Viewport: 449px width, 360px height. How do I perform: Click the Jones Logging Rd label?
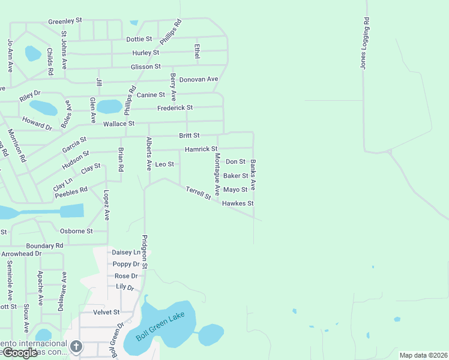coord(364,43)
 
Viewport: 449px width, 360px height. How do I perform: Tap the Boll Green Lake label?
coord(165,327)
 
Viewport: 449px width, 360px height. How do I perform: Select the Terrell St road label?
coord(198,193)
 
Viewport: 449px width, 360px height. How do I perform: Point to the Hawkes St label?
coord(238,203)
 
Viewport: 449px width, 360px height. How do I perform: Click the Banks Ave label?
coord(253,175)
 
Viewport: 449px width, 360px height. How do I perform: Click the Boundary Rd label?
coord(44,245)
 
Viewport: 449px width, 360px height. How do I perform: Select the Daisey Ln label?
coord(125,253)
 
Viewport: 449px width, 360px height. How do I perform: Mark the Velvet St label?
coord(107,312)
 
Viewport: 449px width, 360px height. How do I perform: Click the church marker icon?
coord(76,346)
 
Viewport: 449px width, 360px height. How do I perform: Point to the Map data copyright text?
coord(423,355)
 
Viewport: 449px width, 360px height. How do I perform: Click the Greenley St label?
coord(68,22)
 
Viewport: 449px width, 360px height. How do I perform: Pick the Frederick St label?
coord(175,108)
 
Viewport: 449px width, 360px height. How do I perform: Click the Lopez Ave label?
coord(107,205)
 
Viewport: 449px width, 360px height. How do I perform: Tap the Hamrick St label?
coord(200,149)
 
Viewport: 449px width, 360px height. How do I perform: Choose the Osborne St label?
coord(76,230)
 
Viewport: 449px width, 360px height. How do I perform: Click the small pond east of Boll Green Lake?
coord(211,334)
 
